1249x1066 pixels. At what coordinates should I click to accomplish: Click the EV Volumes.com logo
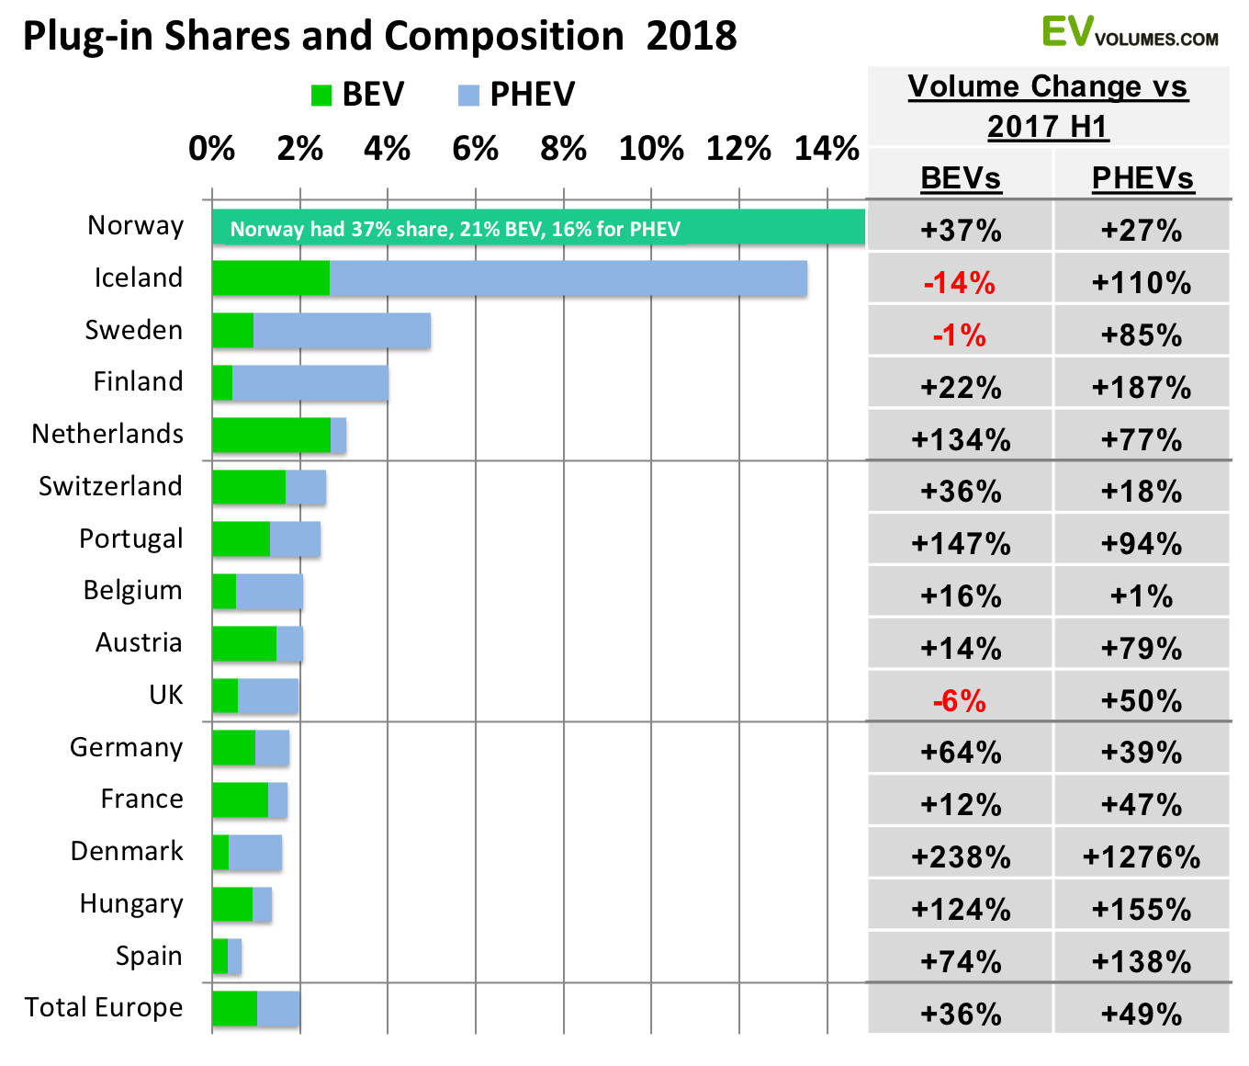(x=1130, y=33)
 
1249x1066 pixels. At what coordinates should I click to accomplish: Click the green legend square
(x=321, y=96)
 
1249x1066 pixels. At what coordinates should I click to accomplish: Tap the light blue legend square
(x=468, y=96)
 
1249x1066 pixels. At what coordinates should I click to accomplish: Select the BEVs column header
(x=961, y=177)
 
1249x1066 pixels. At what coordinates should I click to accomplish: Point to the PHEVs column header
(x=1142, y=177)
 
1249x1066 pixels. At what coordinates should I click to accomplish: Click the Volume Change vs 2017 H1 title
(x=1048, y=106)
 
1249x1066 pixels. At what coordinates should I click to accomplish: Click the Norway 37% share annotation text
(x=455, y=229)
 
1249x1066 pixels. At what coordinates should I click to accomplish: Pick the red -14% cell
(x=960, y=282)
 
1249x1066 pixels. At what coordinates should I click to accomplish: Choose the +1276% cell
(x=1142, y=857)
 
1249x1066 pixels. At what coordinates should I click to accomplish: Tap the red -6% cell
(x=960, y=701)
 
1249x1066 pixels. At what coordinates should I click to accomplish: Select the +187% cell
(x=1142, y=387)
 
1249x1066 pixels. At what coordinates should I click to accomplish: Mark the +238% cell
(x=961, y=857)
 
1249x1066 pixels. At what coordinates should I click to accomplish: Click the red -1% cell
(x=960, y=335)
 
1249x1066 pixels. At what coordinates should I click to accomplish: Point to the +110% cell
(x=1142, y=282)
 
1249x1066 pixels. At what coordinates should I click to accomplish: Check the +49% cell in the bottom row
(x=1142, y=1014)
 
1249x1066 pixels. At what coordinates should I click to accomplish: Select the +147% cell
(x=961, y=544)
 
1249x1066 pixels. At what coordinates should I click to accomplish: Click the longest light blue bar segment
(x=568, y=278)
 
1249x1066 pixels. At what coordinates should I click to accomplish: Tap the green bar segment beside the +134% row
(x=271, y=435)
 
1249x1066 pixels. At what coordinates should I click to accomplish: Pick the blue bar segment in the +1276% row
(x=255, y=852)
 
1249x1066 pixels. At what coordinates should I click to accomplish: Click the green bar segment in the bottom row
(x=234, y=1008)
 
